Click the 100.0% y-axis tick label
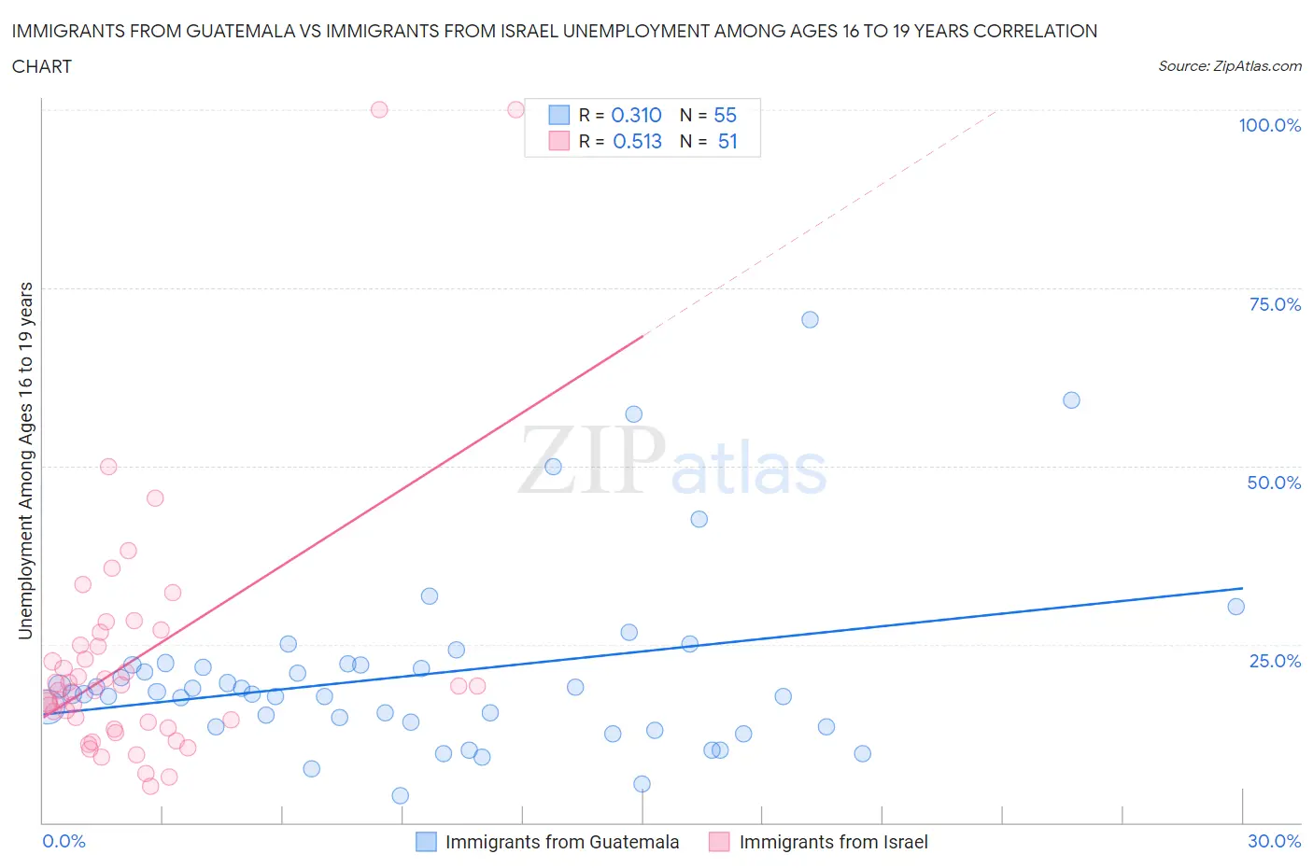pyautogui.click(x=1269, y=125)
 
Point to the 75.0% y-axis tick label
pyautogui.click(x=1274, y=304)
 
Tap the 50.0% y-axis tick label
pyautogui.click(x=1274, y=483)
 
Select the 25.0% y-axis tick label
pyautogui.click(x=1274, y=661)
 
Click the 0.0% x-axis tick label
pyautogui.click(x=64, y=841)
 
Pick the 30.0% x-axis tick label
pyautogui.click(x=1274, y=841)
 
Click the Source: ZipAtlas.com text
pyautogui.click(x=1229, y=65)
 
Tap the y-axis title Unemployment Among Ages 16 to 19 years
pyautogui.click(x=25, y=461)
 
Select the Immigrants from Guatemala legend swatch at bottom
pyautogui.click(x=426, y=842)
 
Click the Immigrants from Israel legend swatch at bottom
pyautogui.click(x=719, y=842)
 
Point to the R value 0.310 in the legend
pyautogui.click(x=636, y=115)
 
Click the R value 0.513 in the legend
pyautogui.click(x=637, y=141)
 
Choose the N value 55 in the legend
pyautogui.click(x=725, y=115)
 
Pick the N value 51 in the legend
pyautogui.click(x=727, y=141)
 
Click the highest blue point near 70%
pyautogui.click(x=810, y=319)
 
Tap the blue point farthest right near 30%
pyautogui.click(x=1235, y=607)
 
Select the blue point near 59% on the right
pyautogui.click(x=1071, y=399)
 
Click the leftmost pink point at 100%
pyautogui.click(x=379, y=109)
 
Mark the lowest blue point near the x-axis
pyautogui.click(x=400, y=795)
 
